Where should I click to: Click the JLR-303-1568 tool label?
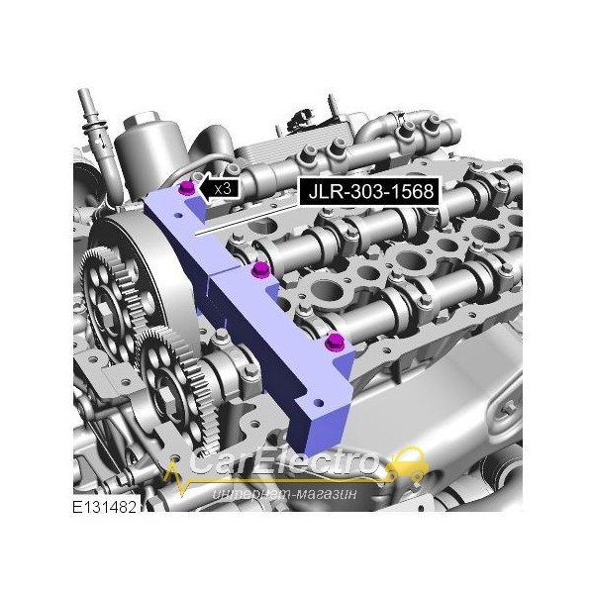(369, 191)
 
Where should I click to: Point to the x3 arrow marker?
(220, 187)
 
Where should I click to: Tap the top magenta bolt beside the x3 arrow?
(187, 188)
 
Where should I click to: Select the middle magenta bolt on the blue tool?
(260, 269)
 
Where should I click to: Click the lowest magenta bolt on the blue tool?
(334, 343)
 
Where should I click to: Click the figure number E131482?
(104, 507)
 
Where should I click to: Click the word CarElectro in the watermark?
(284, 461)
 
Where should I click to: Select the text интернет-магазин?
(284, 494)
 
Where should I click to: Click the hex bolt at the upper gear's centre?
(105, 312)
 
